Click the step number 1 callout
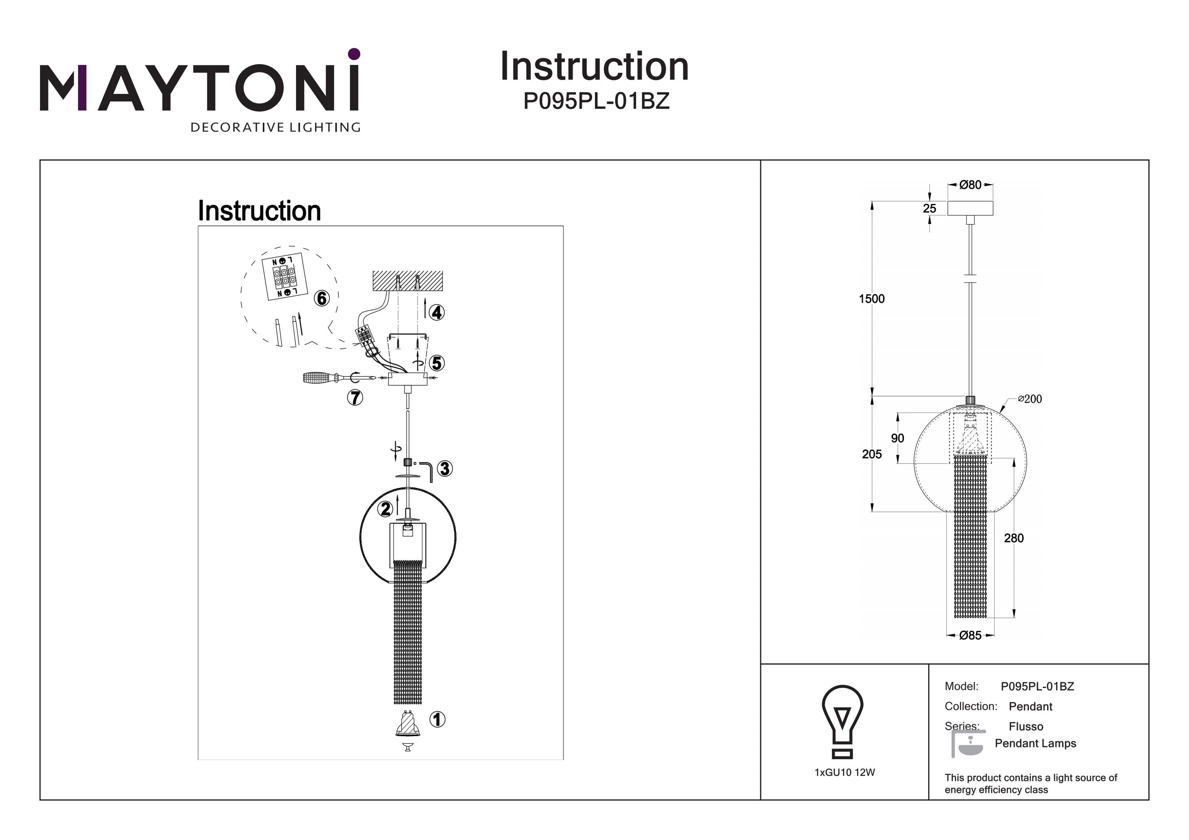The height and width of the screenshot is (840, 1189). pyautogui.click(x=437, y=720)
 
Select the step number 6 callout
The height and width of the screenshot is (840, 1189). pyautogui.click(x=322, y=298)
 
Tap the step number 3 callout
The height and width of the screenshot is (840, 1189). pyautogui.click(x=444, y=469)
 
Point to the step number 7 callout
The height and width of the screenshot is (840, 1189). pyautogui.click(x=355, y=398)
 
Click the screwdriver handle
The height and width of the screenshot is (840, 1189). pyautogui.click(x=317, y=378)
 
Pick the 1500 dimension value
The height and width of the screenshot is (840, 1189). pyautogui.click(x=872, y=299)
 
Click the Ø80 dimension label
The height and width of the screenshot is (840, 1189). pyautogui.click(x=970, y=185)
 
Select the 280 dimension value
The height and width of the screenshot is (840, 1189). pyautogui.click(x=1013, y=538)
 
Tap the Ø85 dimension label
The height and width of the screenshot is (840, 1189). pyautogui.click(x=970, y=636)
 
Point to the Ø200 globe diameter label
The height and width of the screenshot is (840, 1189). pyautogui.click(x=1030, y=399)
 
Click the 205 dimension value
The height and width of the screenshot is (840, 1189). pyautogui.click(x=872, y=454)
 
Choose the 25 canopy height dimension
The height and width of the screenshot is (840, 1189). pyautogui.click(x=929, y=209)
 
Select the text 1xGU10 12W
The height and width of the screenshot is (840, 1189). pyautogui.click(x=845, y=773)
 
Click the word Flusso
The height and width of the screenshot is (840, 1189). pyautogui.click(x=1025, y=727)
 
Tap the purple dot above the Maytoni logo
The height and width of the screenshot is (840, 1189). pyautogui.click(x=354, y=54)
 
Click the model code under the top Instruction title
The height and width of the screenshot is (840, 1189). pyautogui.click(x=596, y=101)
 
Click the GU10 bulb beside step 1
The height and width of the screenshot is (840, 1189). pyautogui.click(x=407, y=725)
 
